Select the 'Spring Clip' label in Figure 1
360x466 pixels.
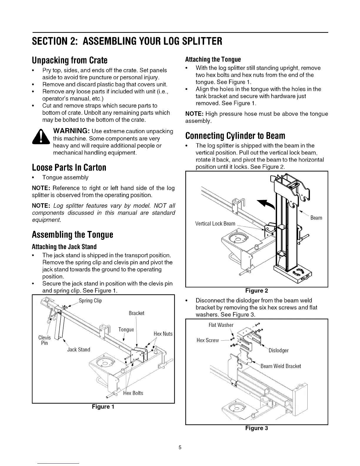coord(90,301)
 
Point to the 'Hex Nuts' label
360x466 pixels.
coord(163,334)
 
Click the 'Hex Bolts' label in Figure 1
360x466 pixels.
coord(133,393)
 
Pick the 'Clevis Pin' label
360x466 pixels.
coord(45,340)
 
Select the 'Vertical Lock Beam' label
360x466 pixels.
coord(215,224)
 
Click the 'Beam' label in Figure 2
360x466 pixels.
coord(316,218)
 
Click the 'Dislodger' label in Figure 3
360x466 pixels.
coord(279,350)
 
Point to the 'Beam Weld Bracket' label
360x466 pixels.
coord(281,366)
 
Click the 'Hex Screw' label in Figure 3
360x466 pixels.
coord(208,340)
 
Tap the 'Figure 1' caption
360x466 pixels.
coord(103,407)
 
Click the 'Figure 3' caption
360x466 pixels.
coord(256,428)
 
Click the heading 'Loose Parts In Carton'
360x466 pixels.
coord(69,167)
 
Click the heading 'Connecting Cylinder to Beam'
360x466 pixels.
coord(235,136)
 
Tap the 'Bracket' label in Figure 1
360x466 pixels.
coord(136,313)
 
